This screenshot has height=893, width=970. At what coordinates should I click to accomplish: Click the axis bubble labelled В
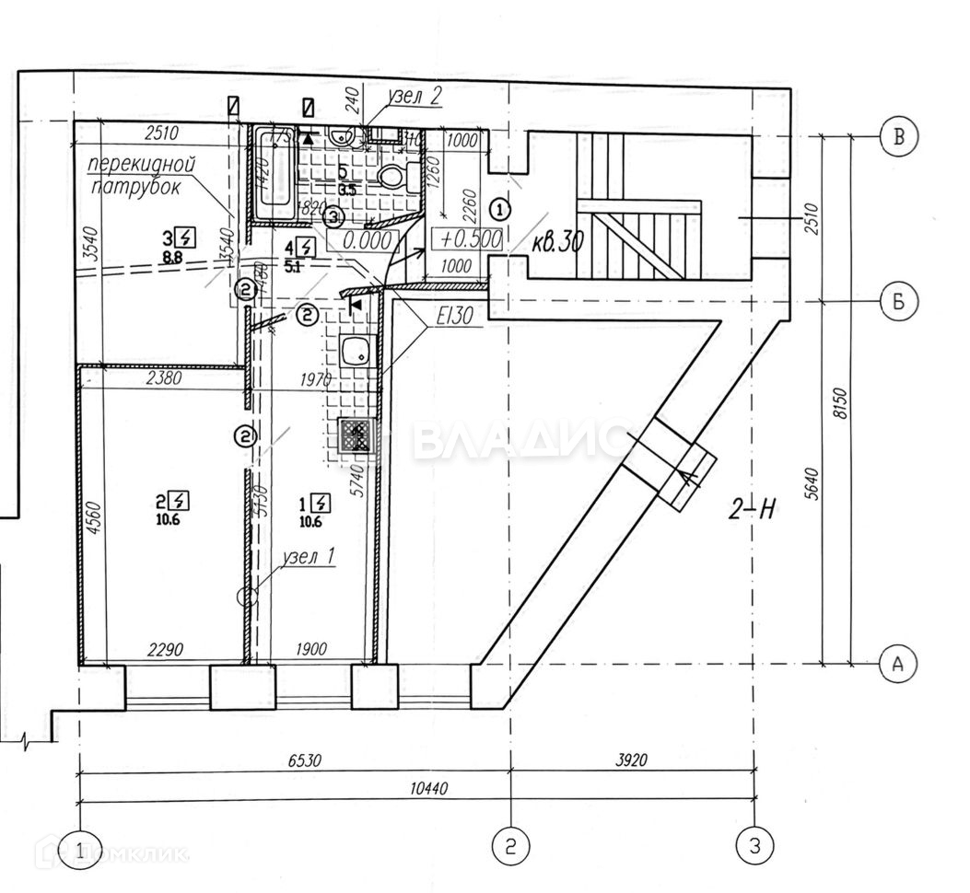click(899, 137)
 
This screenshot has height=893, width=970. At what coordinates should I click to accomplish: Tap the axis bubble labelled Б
click(899, 302)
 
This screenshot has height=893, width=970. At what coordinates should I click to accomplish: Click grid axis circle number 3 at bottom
click(754, 845)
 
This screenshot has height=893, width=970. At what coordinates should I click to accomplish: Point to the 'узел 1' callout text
click(310, 557)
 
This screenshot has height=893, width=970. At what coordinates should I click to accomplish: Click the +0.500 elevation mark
click(471, 238)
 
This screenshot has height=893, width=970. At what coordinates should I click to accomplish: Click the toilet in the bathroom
click(394, 176)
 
